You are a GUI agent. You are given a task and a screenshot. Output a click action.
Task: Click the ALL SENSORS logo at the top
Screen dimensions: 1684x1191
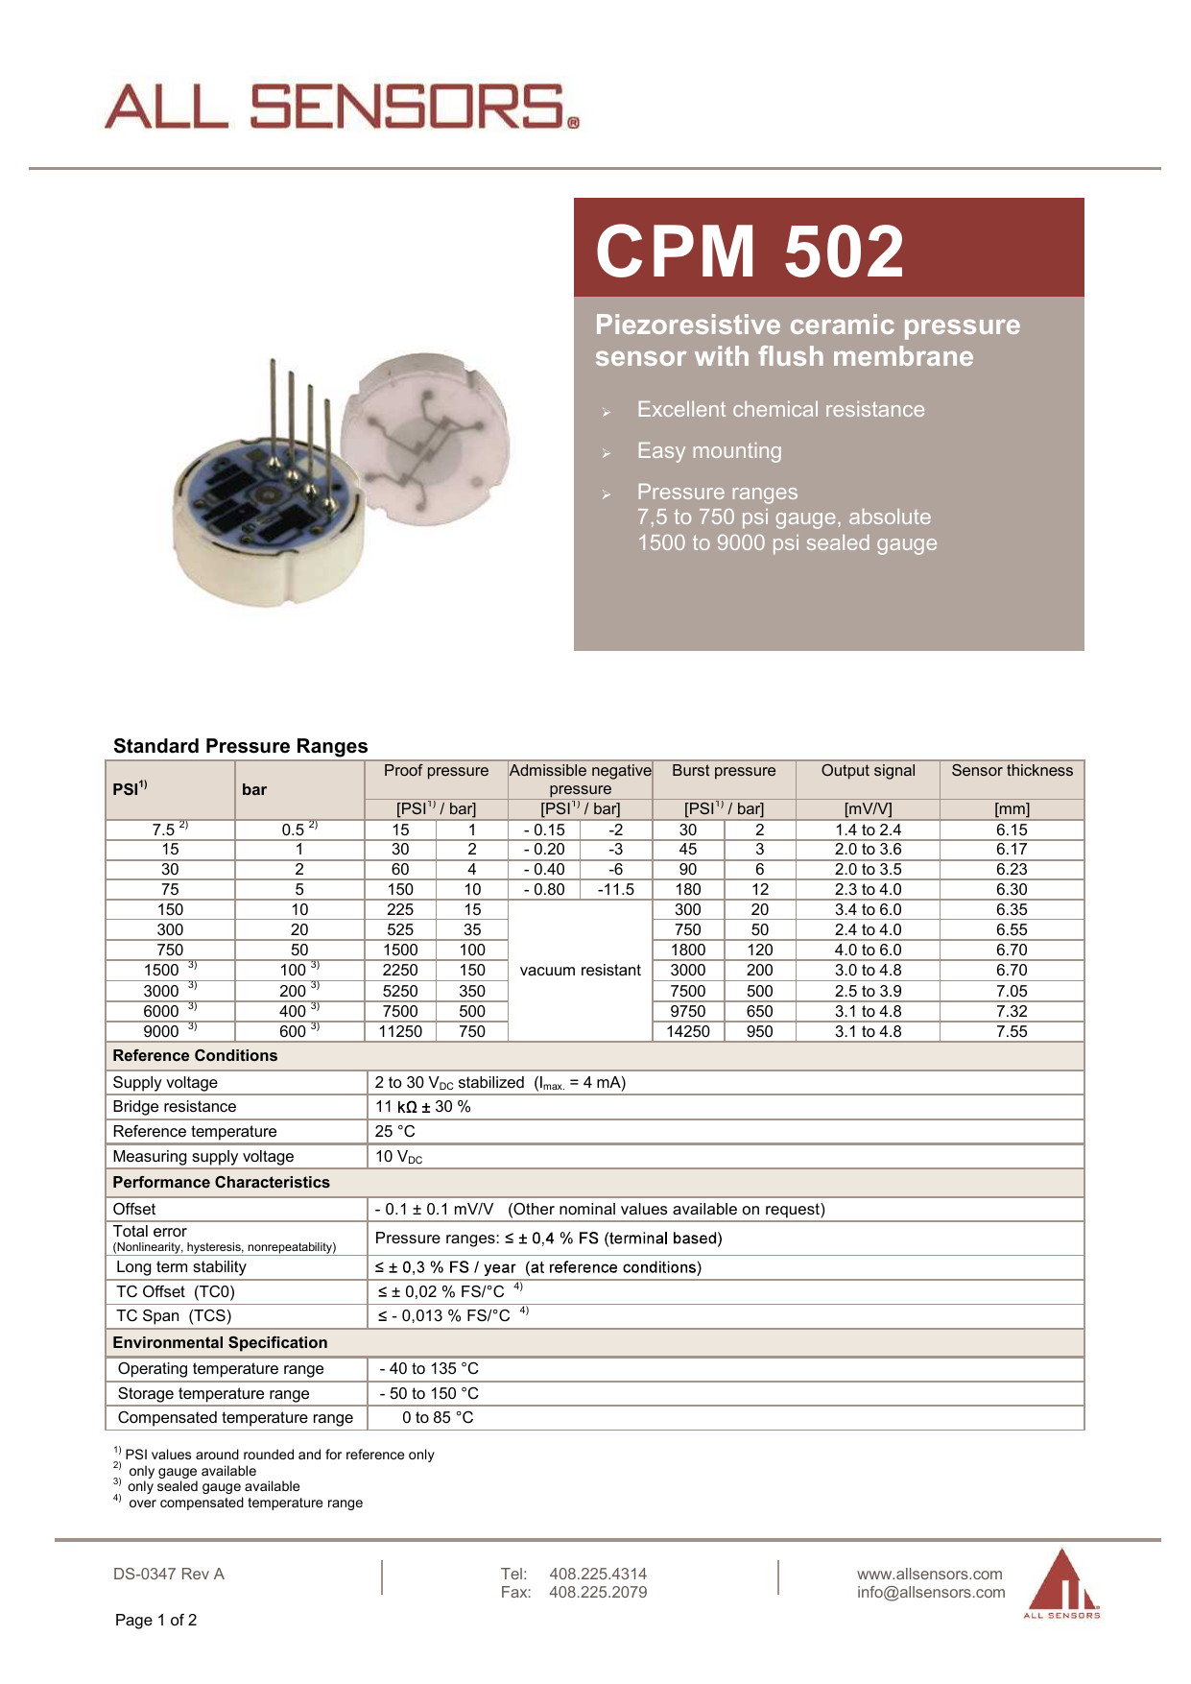[341, 107]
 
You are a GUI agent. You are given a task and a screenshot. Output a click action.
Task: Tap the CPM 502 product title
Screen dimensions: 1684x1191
[750, 252]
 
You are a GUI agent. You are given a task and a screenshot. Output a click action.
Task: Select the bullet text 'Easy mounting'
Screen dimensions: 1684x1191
[709, 451]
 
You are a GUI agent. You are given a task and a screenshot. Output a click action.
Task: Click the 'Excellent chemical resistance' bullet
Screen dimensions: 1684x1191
[780, 410]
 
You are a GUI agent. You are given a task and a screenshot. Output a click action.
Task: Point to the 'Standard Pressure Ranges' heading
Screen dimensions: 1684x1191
[240, 746]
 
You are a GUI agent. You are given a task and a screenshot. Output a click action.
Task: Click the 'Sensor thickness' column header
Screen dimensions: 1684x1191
[1012, 771]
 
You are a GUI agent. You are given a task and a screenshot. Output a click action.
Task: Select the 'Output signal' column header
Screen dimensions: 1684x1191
[868, 771]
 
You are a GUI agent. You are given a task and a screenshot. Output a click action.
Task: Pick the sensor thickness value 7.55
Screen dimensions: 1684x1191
[1012, 1031]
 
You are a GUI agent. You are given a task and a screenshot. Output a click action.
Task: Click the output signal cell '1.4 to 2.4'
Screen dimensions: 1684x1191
[868, 830]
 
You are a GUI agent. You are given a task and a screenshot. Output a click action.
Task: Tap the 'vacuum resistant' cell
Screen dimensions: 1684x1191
[580, 971]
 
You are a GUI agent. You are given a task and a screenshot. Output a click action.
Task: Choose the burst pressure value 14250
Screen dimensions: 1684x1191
[688, 1031]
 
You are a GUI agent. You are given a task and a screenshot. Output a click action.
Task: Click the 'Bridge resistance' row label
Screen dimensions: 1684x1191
[175, 1107]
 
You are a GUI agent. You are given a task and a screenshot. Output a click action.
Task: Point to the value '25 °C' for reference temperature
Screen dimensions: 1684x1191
[395, 1132]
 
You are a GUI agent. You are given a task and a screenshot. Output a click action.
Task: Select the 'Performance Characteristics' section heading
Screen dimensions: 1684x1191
[221, 1183]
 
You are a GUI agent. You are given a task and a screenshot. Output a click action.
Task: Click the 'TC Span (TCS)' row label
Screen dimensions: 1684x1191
[174, 1316]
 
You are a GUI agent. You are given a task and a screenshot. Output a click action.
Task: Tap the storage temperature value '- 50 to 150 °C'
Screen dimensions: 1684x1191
[429, 1394]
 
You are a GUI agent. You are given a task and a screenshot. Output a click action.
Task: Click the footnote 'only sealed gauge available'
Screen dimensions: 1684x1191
[213, 1487]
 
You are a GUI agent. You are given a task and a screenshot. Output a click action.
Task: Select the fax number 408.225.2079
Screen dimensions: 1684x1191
[598, 1593]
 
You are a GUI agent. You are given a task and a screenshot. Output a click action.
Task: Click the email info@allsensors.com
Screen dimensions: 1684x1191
[931, 1593]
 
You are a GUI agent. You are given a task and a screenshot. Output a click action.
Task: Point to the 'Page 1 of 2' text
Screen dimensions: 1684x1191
[155, 1621]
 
